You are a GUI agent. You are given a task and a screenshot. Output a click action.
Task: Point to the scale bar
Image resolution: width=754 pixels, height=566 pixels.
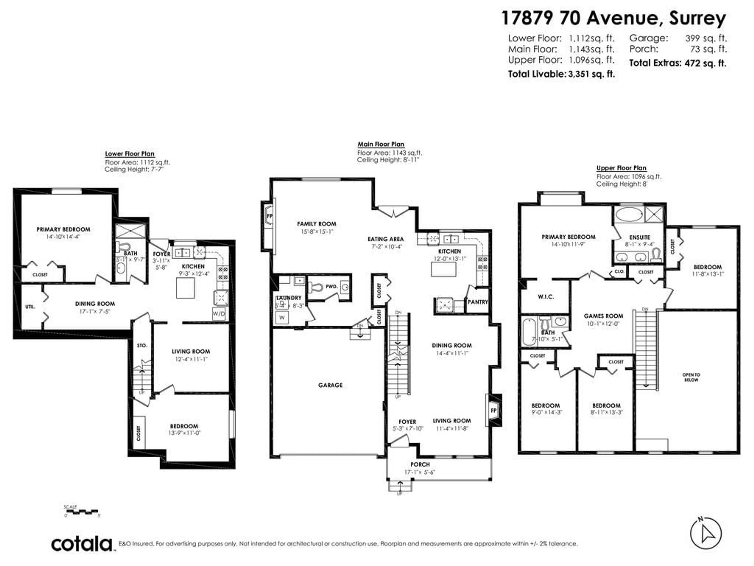point(82,512)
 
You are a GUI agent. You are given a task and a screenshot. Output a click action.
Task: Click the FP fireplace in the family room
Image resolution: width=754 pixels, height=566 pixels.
point(269,216)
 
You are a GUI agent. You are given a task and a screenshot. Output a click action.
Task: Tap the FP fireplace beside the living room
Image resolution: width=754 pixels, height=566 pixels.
point(494,410)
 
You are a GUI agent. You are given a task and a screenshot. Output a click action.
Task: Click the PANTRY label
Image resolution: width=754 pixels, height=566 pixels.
point(478,302)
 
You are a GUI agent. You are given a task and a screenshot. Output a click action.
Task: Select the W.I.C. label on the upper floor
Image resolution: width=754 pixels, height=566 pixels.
point(546,297)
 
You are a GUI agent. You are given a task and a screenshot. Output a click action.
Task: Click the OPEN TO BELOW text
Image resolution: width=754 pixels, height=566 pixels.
point(691,377)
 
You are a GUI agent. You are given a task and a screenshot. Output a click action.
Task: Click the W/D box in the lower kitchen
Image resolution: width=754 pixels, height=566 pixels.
point(219,313)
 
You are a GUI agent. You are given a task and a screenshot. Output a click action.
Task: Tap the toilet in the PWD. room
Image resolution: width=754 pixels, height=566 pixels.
point(316,287)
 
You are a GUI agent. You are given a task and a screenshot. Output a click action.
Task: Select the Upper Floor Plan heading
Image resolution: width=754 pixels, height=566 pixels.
point(621,168)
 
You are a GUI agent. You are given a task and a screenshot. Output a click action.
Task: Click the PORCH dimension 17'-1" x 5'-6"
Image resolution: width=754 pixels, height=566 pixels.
point(420,472)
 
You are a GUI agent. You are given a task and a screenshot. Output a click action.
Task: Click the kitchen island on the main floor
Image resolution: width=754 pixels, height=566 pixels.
point(444,269)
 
